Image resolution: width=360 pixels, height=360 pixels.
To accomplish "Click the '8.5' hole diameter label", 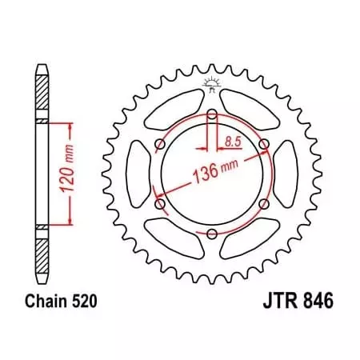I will tap(233, 142).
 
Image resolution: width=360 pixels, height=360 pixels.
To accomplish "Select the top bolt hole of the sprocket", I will tap(211, 115).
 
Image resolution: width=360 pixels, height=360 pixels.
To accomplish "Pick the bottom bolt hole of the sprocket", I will tap(211, 234).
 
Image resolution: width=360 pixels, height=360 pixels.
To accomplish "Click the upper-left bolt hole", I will tap(160, 145).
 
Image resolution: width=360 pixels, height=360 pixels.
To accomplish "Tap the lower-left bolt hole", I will tap(160, 204).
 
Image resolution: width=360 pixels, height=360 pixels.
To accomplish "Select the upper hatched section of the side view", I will tap(42, 94).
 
